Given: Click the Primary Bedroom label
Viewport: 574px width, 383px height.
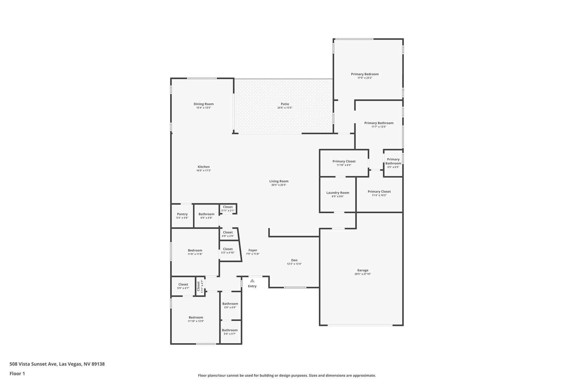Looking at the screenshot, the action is click(364, 74).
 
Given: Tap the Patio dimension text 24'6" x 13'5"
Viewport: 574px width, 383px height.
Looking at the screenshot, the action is click(285, 108).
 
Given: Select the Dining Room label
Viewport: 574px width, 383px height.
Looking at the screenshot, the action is click(203, 104).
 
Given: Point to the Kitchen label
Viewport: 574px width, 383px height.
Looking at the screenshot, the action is click(203, 167).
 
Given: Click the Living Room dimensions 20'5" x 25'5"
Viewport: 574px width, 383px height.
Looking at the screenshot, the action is click(279, 185).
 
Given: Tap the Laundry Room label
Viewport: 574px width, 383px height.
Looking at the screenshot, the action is click(338, 193).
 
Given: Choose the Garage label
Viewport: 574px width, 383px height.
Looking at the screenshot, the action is click(363, 270).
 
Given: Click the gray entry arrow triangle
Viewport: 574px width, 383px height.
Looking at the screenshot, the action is click(252, 280).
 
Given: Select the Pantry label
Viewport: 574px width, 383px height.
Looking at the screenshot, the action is click(182, 214).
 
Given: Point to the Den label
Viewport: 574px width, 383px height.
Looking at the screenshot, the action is click(294, 260).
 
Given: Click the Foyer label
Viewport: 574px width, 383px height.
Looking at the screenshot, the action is click(253, 250).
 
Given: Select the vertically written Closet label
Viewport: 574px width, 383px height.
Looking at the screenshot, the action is click(198, 286).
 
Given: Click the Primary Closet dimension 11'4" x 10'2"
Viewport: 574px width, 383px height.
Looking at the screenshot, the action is click(379, 195).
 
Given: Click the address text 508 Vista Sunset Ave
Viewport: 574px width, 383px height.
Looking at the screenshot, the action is click(33, 364).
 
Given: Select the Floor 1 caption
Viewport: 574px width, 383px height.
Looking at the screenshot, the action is click(17, 374).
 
